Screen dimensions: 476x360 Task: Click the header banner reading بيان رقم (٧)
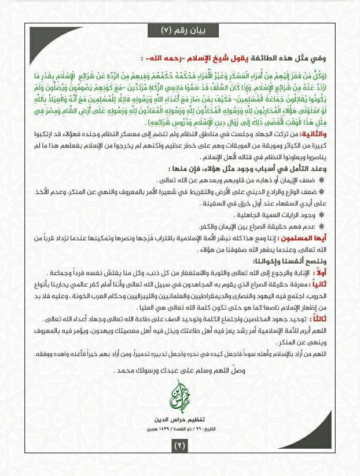coord(181,29)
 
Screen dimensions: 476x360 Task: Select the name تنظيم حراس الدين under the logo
coord(179,418)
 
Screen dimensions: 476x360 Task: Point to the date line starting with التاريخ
coord(179,429)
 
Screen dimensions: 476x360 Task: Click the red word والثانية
coord(327,151)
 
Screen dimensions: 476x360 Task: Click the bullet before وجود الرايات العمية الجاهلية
coord(331,229)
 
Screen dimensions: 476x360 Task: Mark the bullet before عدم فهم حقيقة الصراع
coord(331,240)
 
